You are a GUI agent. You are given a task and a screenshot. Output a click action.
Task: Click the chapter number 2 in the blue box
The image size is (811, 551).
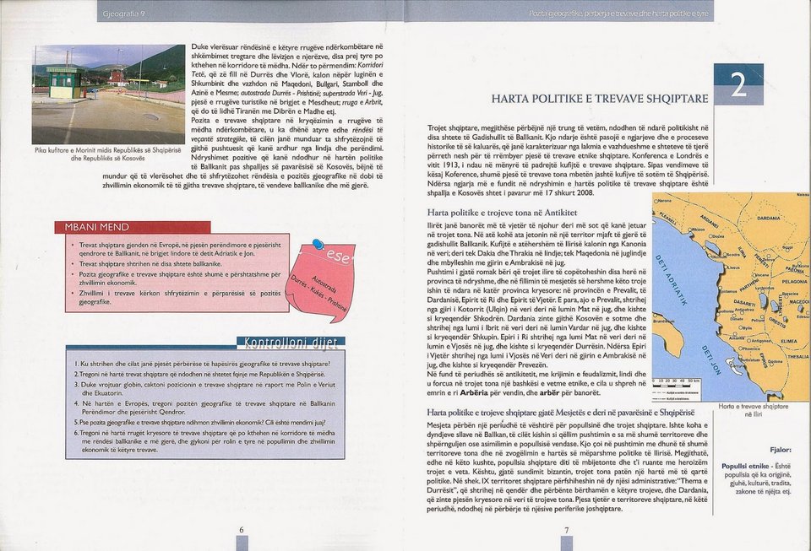point(738,85)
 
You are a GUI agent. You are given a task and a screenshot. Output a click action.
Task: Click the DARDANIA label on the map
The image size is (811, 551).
point(770,217)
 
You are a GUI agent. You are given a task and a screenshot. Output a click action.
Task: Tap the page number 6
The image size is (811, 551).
point(242,530)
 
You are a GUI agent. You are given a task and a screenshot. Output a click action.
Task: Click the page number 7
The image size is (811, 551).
point(567,530)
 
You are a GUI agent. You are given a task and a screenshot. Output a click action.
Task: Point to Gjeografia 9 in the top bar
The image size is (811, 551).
point(123,15)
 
